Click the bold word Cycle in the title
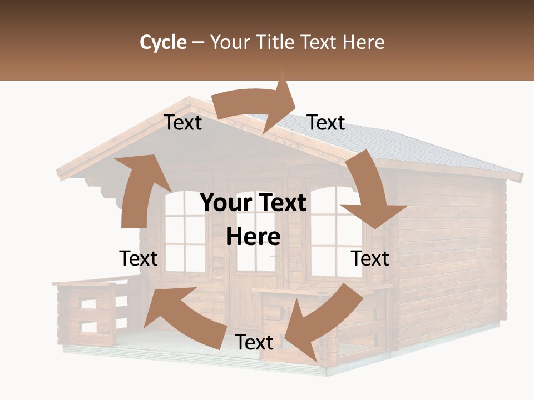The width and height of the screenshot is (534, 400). pos(163,42)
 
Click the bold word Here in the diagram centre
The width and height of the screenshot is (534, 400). pos(253,237)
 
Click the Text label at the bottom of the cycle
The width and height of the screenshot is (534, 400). pos(254,343)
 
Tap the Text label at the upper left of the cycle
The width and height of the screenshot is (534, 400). pos(182,123)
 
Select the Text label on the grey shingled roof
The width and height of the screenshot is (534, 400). pos(326,123)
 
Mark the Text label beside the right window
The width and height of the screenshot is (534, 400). pos(370,259)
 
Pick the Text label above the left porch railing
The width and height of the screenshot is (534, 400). pos(139,259)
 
